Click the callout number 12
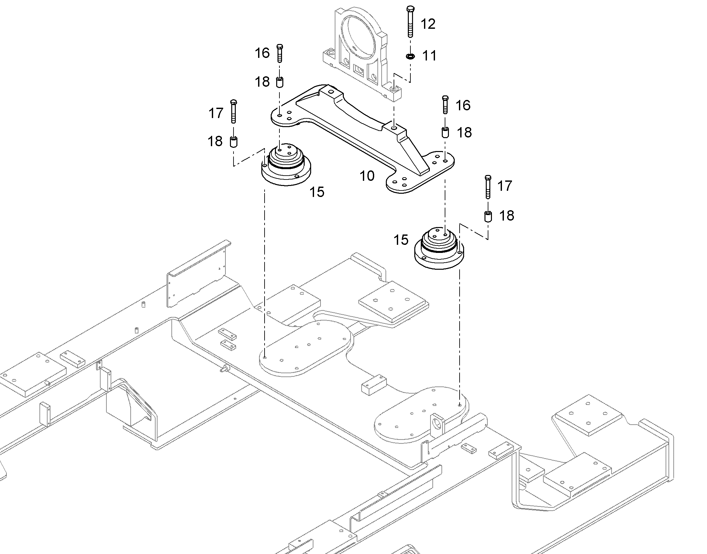pos(428,24)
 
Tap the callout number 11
pos(430,56)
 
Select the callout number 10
pos(367,176)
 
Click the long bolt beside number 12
pos(410,21)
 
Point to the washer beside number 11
pos(410,57)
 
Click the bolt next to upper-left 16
pos(280,53)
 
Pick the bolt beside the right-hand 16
pos(445,104)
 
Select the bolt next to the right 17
pos(488,187)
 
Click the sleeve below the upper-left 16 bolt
pos(279,82)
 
